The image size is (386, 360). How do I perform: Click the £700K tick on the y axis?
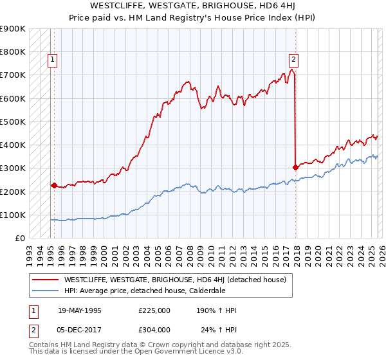[13, 75]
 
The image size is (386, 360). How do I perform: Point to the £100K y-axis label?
[13, 215]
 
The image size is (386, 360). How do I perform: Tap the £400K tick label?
[13, 145]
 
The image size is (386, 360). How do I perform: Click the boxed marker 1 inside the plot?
[52, 60]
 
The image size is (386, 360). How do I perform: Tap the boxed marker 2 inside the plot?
[293, 60]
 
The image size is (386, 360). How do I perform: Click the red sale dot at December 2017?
[295, 167]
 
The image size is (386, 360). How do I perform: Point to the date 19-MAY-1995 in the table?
[80, 310]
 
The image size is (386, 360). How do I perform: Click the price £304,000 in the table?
[154, 330]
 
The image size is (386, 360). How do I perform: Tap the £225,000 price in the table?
[154, 310]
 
